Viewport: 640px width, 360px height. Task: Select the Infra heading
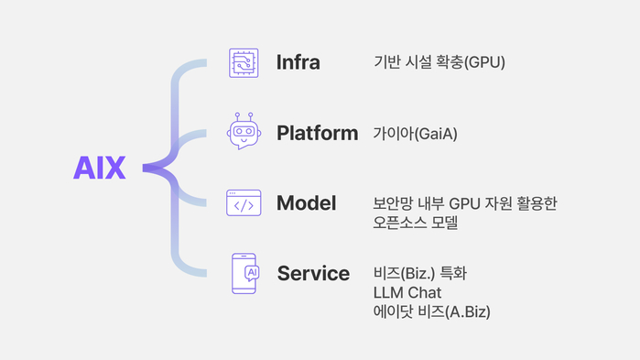pyautogui.click(x=298, y=63)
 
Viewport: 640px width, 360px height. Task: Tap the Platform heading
pyautogui.click(x=317, y=134)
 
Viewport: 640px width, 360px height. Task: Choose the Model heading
pyautogui.click(x=306, y=203)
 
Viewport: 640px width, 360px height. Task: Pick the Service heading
pyautogui.click(x=313, y=273)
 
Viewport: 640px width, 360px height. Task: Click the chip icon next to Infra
pyautogui.click(x=244, y=62)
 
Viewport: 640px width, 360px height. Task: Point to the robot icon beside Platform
pyautogui.click(x=244, y=134)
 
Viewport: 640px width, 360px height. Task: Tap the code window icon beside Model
pyautogui.click(x=244, y=203)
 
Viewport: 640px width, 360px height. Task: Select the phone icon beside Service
pyautogui.click(x=244, y=273)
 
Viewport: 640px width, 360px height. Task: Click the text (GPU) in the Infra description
pyautogui.click(x=485, y=63)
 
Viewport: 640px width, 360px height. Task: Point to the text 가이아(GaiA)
pyautogui.click(x=415, y=134)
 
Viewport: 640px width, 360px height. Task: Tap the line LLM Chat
pyautogui.click(x=407, y=293)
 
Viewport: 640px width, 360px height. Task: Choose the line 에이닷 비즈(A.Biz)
pyautogui.click(x=431, y=312)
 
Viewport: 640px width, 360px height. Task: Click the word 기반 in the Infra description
pyautogui.click(x=386, y=63)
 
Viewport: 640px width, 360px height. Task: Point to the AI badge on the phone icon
pyautogui.click(x=252, y=272)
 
